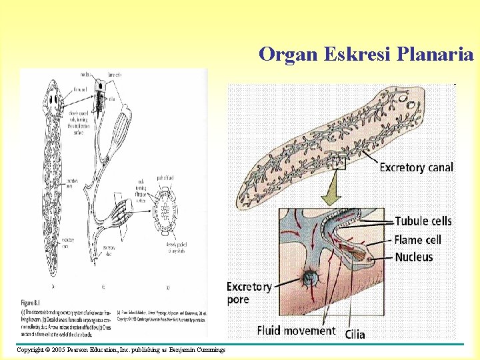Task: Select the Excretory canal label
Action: [x=416, y=167]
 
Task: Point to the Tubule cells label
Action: [x=423, y=221]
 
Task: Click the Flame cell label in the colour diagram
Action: [x=417, y=239]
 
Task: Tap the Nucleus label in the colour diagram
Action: [x=413, y=257]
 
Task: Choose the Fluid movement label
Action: [x=296, y=330]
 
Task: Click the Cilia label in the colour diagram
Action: [x=355, y=333]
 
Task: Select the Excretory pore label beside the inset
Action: [x=249, y=293]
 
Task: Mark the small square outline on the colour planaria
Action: [x=340, y=163]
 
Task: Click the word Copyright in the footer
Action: [x=29, y=350]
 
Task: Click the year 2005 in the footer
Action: [x=59, y=350]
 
